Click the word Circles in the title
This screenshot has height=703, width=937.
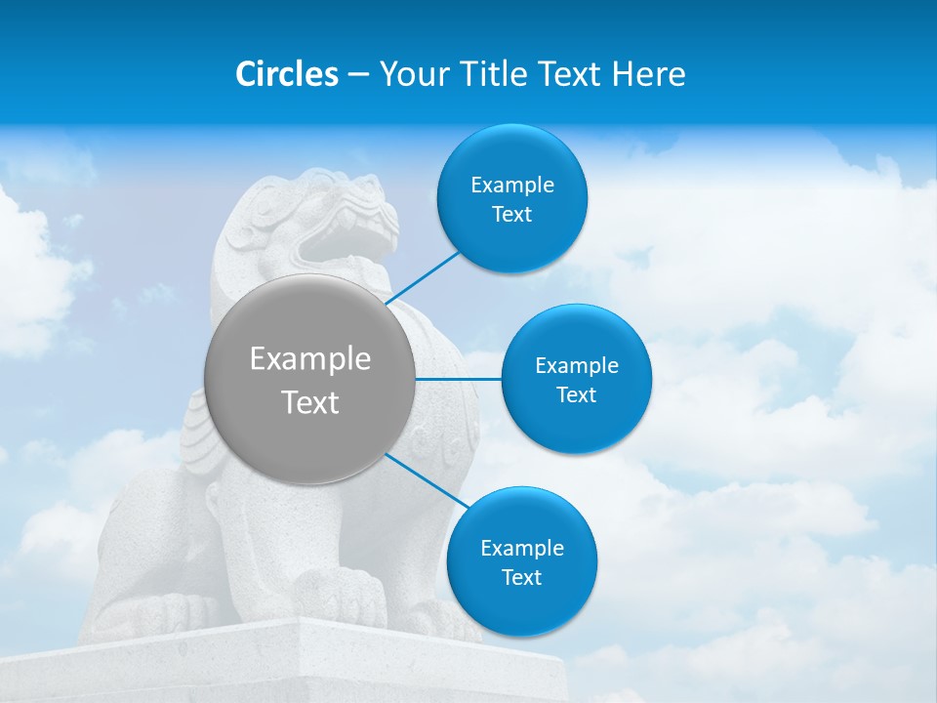286,74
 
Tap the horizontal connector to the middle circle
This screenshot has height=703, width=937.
459,379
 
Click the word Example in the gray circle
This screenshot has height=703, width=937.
309,359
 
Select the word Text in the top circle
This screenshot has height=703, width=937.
511,215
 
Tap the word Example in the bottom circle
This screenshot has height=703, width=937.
521,549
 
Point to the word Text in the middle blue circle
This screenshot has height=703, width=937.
576,395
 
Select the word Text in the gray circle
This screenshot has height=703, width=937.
309,402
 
